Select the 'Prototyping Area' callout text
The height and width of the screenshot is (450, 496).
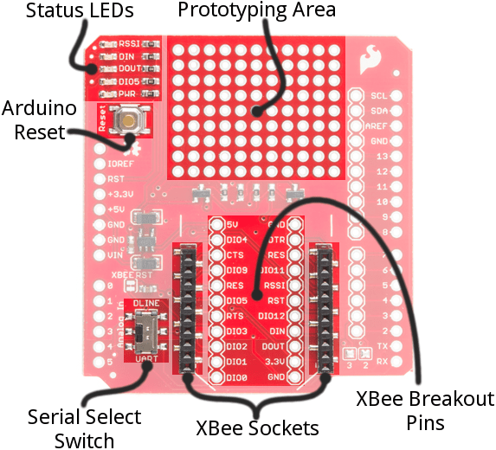pos(256,11)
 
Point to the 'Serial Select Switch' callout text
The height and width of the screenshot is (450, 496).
pos(85,428)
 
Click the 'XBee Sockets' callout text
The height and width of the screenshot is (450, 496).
pos(257,428)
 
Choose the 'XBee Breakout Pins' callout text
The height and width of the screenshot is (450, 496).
pos(426,410)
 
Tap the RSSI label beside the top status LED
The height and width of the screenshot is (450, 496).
pos(129,42)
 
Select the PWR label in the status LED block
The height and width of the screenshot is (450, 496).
pos(129,93)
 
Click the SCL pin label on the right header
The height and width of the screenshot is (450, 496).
pos(378,96)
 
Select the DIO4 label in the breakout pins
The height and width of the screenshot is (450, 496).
pos(236,240)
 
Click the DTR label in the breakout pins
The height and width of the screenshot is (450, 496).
pos(276,240)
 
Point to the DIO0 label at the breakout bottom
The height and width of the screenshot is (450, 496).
pos(236,377)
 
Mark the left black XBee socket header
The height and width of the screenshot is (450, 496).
pos(184,309)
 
